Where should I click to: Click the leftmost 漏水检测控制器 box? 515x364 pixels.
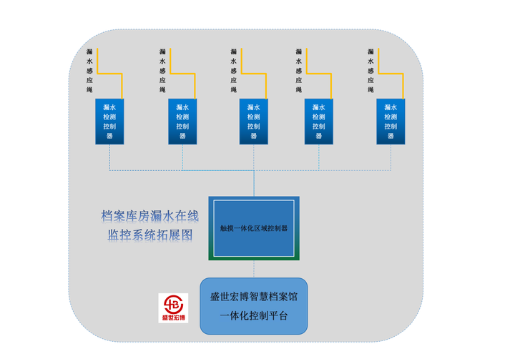[109, 121]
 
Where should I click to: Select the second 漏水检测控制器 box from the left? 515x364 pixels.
[182, 121]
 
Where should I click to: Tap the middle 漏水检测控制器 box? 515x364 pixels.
[253, 121]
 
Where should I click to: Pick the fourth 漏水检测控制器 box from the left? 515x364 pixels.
[318, 121]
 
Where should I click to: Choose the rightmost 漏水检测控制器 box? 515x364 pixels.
[391, 121]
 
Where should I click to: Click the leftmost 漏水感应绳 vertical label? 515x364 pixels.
[89, 71]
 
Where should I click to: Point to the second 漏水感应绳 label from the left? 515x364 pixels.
[162, 71]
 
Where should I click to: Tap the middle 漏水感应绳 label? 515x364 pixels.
[233, 71]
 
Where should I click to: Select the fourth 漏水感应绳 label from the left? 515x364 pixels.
[299, 71]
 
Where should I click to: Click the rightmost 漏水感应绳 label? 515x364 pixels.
[371, 71]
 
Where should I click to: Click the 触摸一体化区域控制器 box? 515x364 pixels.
[253, 228]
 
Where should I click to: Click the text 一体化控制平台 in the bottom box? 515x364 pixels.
[253, 315]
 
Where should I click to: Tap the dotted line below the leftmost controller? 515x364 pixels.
[109, 157]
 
